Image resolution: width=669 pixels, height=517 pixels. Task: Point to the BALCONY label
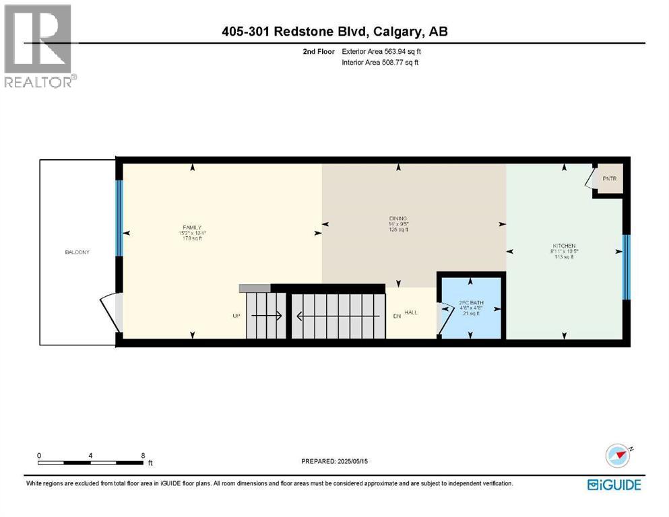(x=77, y=252)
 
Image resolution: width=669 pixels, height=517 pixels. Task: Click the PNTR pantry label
(x=610, y=178)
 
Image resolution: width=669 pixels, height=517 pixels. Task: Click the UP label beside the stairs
(x=236, y=315)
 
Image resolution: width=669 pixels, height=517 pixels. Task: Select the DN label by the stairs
(x=397, y=315)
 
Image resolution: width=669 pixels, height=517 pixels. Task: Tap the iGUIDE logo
(x=614, y=485)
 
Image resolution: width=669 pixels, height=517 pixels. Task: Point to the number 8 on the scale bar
(x=143, y=454)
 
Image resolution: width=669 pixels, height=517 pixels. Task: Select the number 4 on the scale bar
(x=90, y=454)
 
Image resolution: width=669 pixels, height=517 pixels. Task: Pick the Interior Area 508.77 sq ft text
(x=379, y=63)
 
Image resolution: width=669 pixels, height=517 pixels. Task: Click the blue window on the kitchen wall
(x=626, y=267)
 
